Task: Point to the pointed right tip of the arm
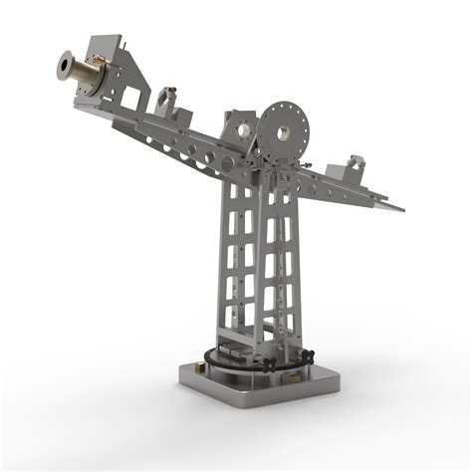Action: coord(400,209)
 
